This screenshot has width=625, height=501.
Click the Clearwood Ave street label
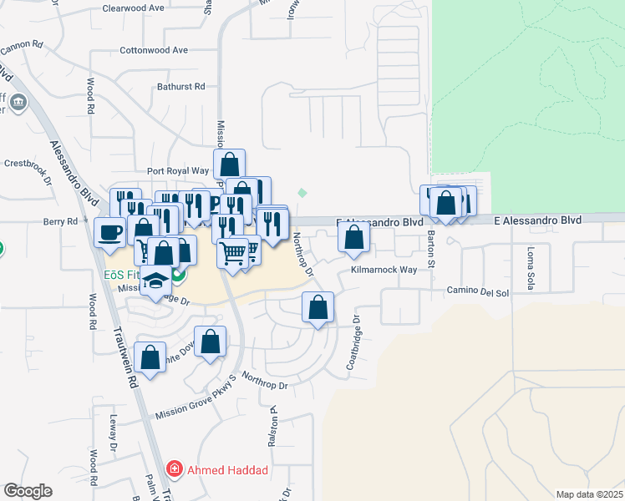tap(133, 8)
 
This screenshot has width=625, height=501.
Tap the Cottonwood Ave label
tap(154, 50)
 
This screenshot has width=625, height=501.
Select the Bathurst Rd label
tap(181, 86)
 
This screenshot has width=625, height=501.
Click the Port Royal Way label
tap(177, 170)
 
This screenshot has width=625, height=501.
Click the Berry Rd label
tap(60, 221)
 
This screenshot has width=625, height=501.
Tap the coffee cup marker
tap(109, 233)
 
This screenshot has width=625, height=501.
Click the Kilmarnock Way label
tap(384, 271)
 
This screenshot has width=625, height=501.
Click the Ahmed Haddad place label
tap(226, 470)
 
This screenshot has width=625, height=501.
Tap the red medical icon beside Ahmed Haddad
tap(174, 469)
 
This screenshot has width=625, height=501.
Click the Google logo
tap(28, 491)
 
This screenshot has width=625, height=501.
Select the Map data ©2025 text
tap(588, 494)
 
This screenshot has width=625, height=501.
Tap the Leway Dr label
tap(112, 434)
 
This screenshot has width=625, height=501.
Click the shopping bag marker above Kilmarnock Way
tap(354, 238)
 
